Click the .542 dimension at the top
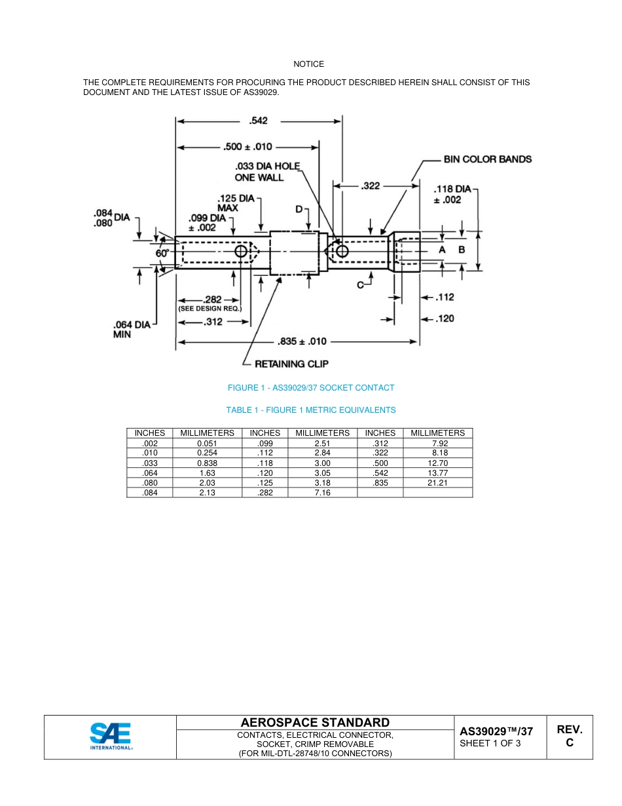click(x=258, y=121)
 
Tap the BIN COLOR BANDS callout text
click(x=488, y=159)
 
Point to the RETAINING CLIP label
click(x=291, y=364)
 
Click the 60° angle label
click(x=162, y=252)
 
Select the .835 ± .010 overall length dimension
click(x=302, y=341)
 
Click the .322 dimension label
click(x=370, y=186)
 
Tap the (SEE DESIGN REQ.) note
click(x=210, y=308)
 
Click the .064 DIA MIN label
click(x=132, y=329)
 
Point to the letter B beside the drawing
click(x=462, y=250)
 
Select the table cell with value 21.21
click(x=437, y=483)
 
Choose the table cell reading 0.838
click(x=207, y=463)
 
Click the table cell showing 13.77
click(x=437, y=472)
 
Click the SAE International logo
click(x=111, y=737)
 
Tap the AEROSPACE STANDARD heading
click(x=315, y=722)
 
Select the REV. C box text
click(x=569, y=736)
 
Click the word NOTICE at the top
click(x=308, y=64)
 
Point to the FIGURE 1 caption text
click(x=311, y=388)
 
